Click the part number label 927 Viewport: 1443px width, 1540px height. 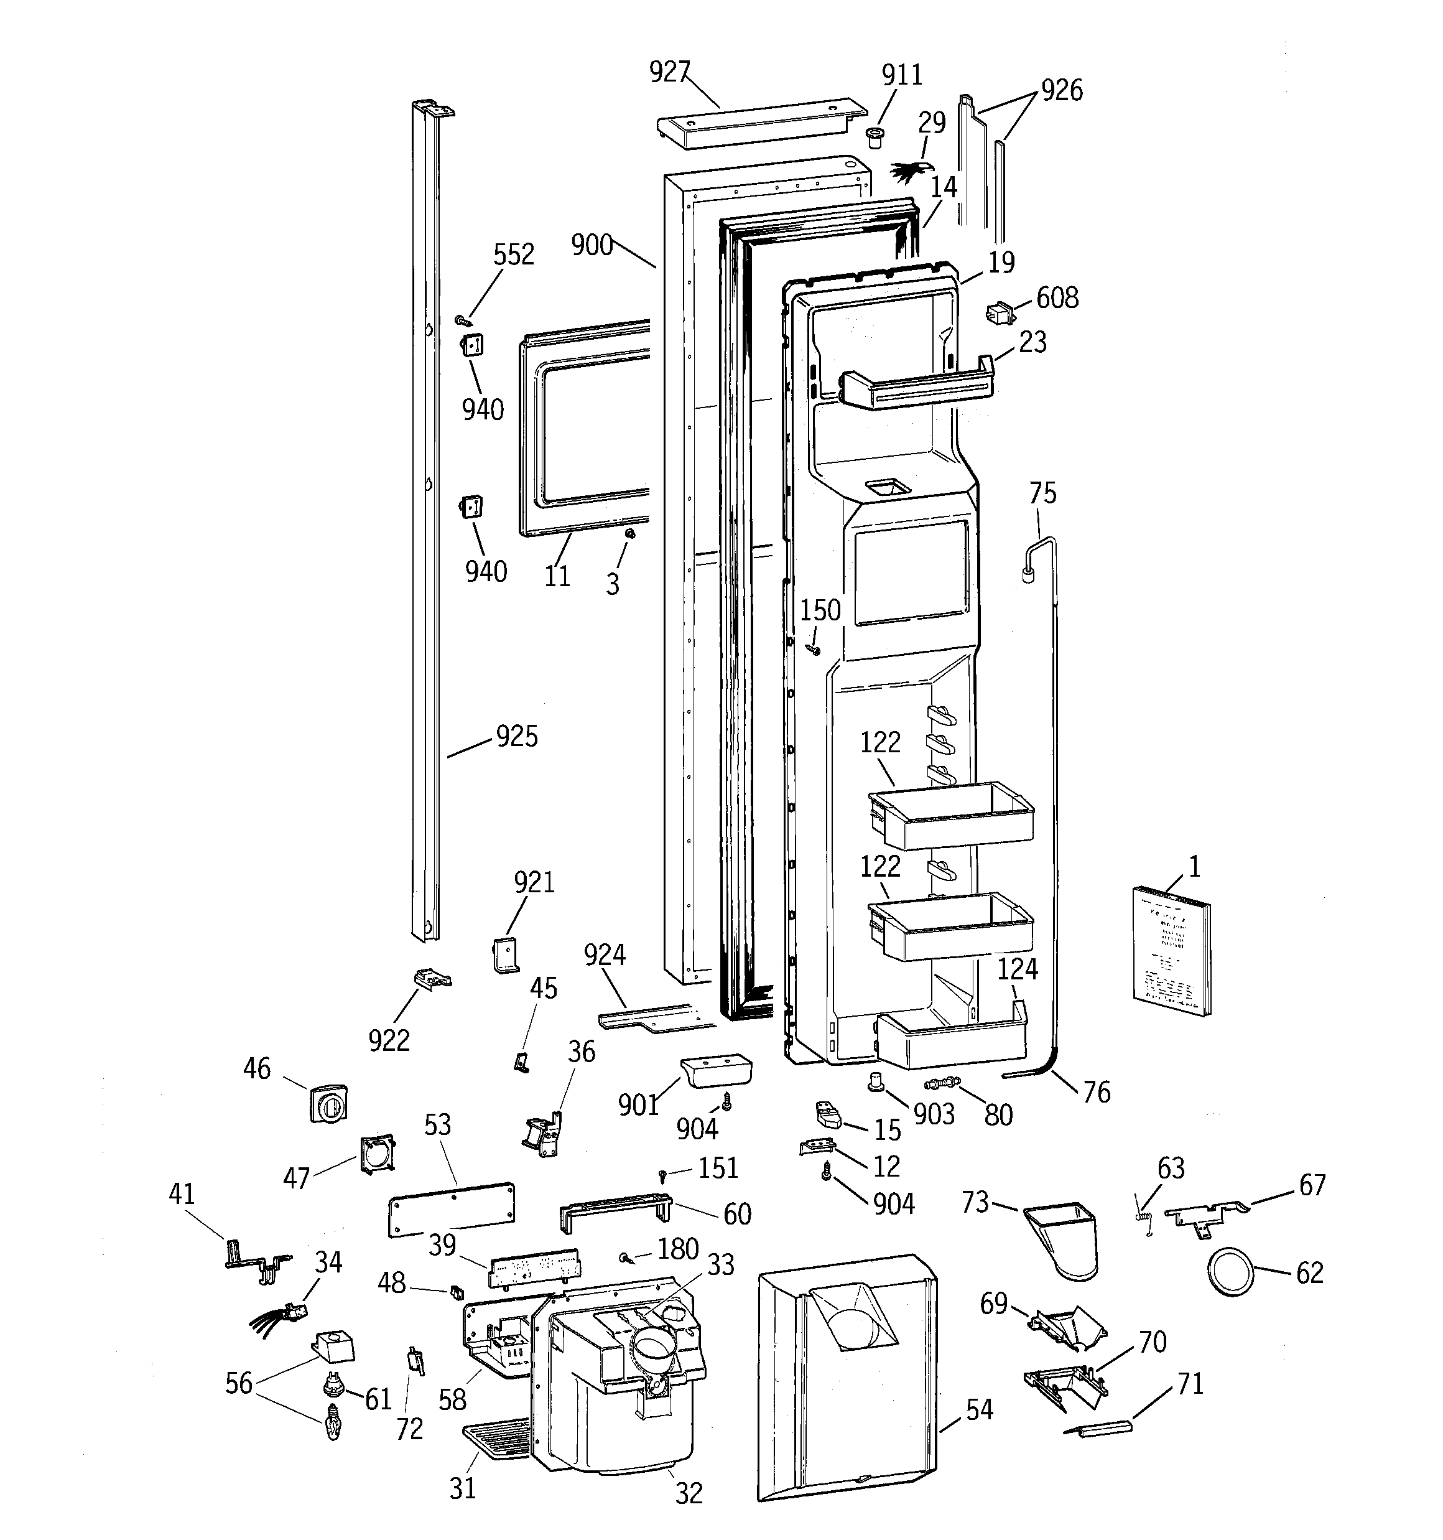coord(669,72)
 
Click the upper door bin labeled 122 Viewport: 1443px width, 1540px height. coord(951,816)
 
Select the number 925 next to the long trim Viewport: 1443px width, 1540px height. coord(517,737)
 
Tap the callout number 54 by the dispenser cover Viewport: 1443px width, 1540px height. coord(979,1409)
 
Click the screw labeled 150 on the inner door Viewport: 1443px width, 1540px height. coord(814,648)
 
